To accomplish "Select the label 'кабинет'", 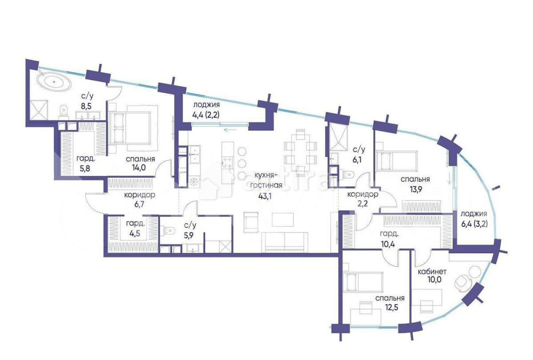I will [x=432, y=272].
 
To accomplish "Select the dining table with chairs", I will [x=299, y=152].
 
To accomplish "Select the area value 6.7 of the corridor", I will [x=139, y=204].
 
